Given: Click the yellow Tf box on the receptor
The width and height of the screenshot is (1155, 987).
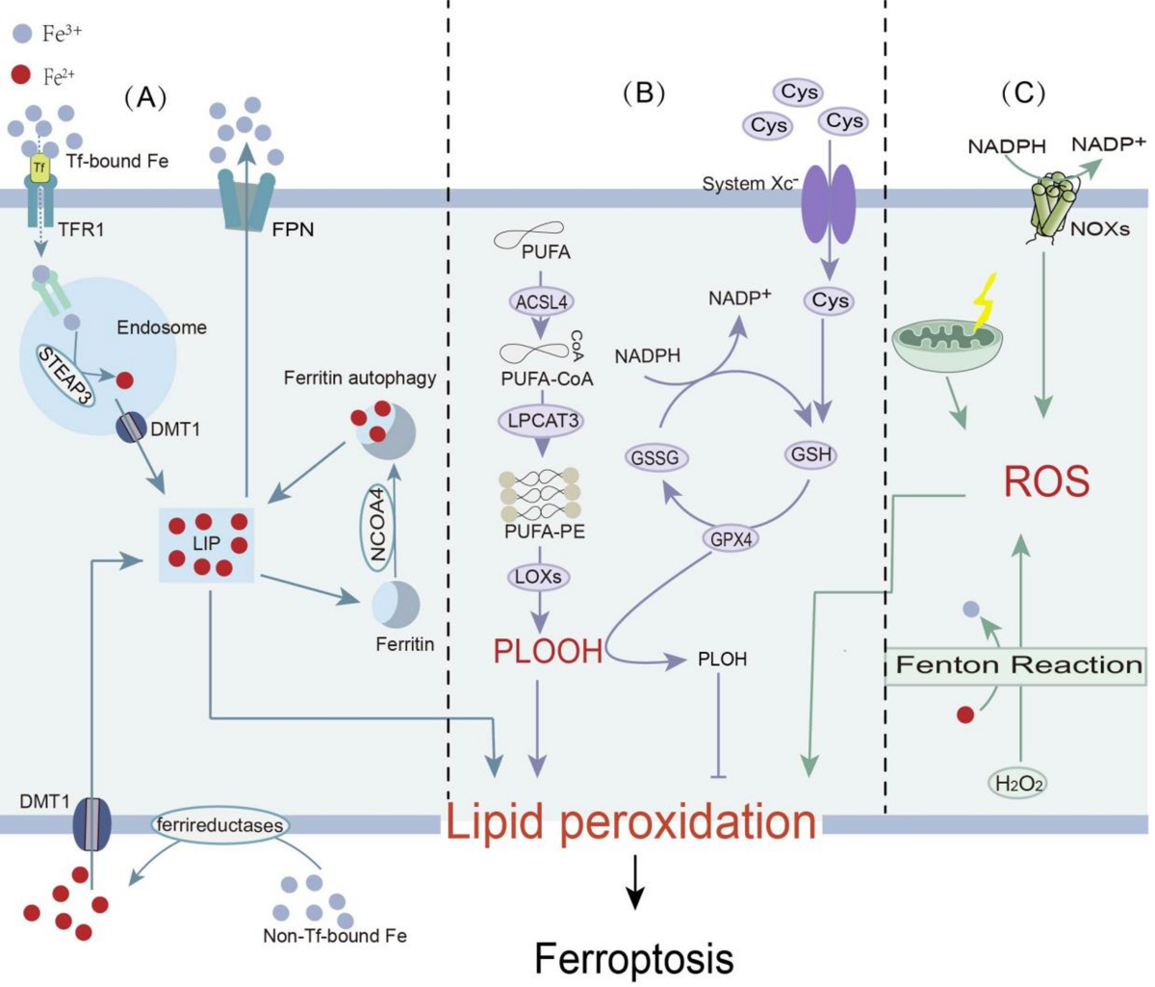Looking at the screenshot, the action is click(39, 168).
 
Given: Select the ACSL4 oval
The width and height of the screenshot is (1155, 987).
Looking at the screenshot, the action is click(541, 302).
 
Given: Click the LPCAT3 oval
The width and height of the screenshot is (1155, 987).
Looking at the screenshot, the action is click(543, 420).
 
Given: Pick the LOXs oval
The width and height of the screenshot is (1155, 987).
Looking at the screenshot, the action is click(538, 577).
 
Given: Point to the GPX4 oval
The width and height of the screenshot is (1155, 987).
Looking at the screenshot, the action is click(731, 539).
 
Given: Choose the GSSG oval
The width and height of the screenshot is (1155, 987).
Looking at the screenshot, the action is click(654, 458).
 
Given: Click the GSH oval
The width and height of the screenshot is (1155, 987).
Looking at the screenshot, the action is click(810, 454).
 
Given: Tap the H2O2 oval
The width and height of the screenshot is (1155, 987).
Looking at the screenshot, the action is click(1018, 784).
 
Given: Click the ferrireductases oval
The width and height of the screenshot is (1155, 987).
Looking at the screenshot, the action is click(220, 825).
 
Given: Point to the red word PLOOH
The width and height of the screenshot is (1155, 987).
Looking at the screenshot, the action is click(549, 651).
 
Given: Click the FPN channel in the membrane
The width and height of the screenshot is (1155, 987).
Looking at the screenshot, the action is click(246, 200).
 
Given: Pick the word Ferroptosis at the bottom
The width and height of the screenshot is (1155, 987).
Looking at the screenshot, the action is click(633, 958).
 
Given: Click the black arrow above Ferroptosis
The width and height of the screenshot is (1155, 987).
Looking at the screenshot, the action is click(634, 889).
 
